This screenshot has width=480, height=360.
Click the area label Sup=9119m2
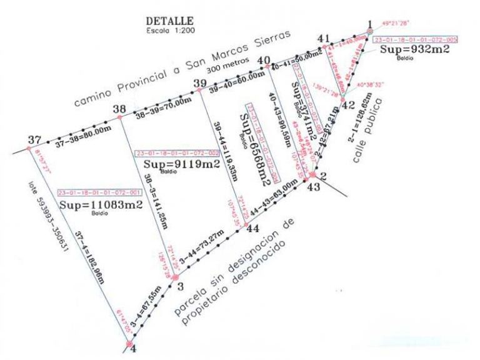182,164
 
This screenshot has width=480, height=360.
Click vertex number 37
35,139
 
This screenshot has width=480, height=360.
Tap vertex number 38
119,109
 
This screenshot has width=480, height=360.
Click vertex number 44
252,229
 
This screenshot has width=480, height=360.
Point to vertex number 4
132,349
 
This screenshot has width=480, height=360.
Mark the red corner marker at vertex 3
176,276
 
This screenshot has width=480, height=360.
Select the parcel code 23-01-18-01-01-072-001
101,192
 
